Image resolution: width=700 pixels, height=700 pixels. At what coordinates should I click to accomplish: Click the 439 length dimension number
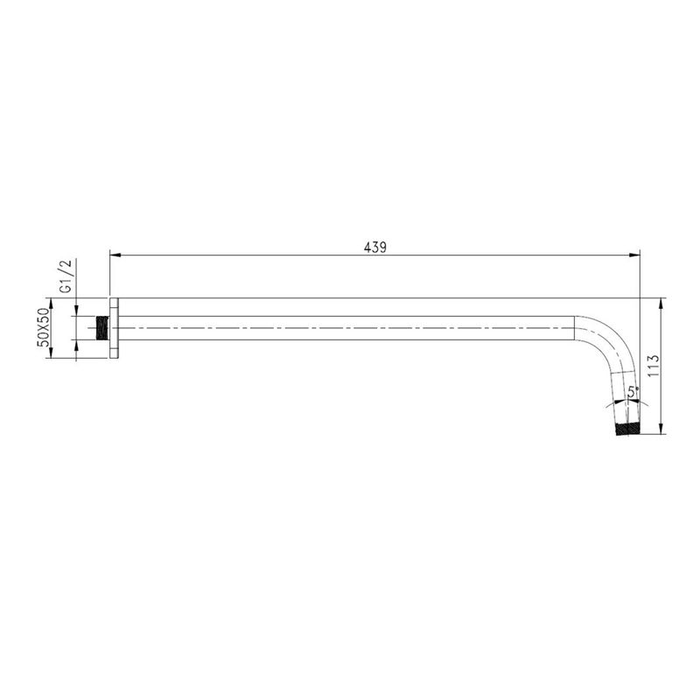click(x=375, y=248)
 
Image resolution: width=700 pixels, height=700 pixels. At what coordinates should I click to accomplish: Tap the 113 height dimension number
click(x=653, y=365)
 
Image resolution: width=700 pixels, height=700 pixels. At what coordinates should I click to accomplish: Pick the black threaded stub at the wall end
click(x=102, y=329)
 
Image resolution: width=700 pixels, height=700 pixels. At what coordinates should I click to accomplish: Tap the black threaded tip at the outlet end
click(x=627, y=429)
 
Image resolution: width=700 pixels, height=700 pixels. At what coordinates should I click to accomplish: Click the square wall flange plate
click(x=115, y=327)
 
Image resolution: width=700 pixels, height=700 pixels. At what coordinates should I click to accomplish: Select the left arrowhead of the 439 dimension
click(x=115, y=255)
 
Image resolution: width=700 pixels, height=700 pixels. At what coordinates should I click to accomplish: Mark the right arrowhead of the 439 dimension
click(x=634, y=255)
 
